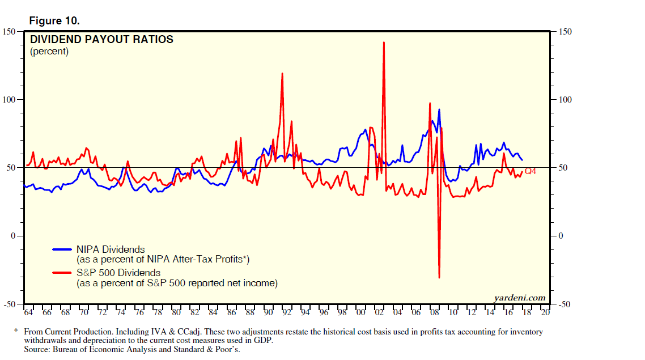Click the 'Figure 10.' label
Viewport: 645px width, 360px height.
click(x=54, y=21)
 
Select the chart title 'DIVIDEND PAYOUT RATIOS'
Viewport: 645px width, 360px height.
click(x=101, y=40)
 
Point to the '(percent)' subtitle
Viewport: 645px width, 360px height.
click(x=49, y=51)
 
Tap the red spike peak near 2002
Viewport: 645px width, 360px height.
click(x=384, y=43)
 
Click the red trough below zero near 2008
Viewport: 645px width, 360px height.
click(x=439, y=277)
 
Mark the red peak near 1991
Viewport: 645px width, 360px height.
click(x=282, y=73)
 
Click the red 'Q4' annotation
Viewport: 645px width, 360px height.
click(x=531, y=171)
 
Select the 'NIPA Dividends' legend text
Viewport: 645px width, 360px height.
click(x=111, y=249)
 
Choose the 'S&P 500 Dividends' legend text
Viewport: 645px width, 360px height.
click(x=118, y=273)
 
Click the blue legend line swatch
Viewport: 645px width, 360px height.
click(x=62, y=249)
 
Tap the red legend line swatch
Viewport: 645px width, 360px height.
click(x=62, y=273)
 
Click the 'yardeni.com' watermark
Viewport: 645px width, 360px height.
click(x=519, y=297)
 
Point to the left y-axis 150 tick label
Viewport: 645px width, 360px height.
click(x=10, y=32)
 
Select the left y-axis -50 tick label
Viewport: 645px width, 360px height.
click(x=10, y=304)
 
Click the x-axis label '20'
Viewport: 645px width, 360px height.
click(x=545, y=312)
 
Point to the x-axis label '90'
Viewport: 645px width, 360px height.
click(x=269, y=312)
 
